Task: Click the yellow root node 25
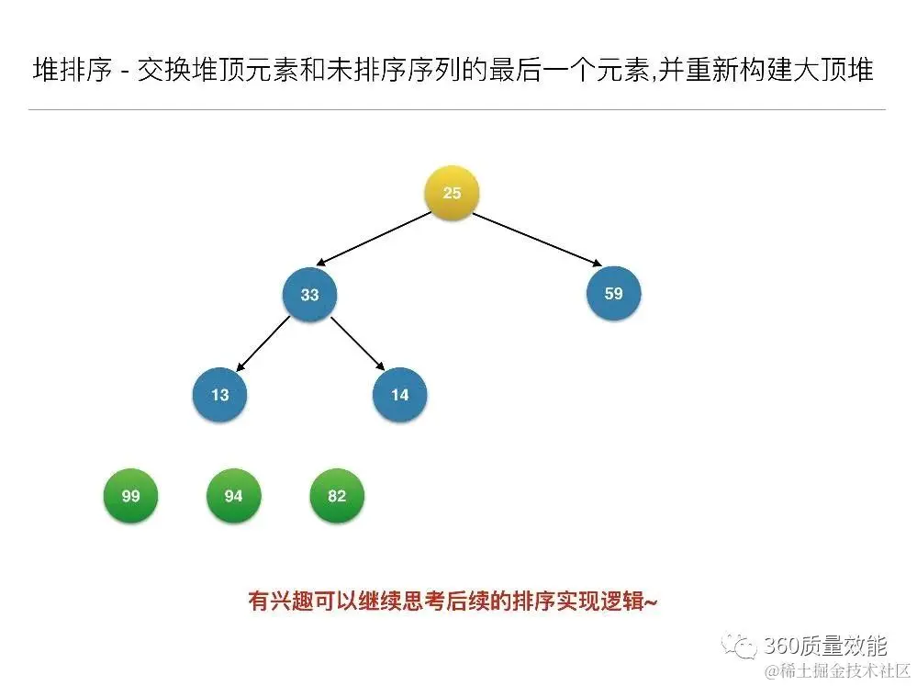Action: click(x=452, y=193)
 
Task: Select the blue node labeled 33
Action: click(x=310, y=295)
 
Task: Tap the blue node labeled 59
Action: click(x=613, y=294)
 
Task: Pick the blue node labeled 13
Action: click(x=220, y=395)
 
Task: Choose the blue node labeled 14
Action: click(x=400, y=395)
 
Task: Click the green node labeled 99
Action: click(x=130, y=496)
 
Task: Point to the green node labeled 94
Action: click(x=233, y=496)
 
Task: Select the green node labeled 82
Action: click(x=337, y=496)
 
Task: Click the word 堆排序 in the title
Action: click(x=73, y=71)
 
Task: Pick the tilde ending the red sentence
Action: click(x=651, y=602)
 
